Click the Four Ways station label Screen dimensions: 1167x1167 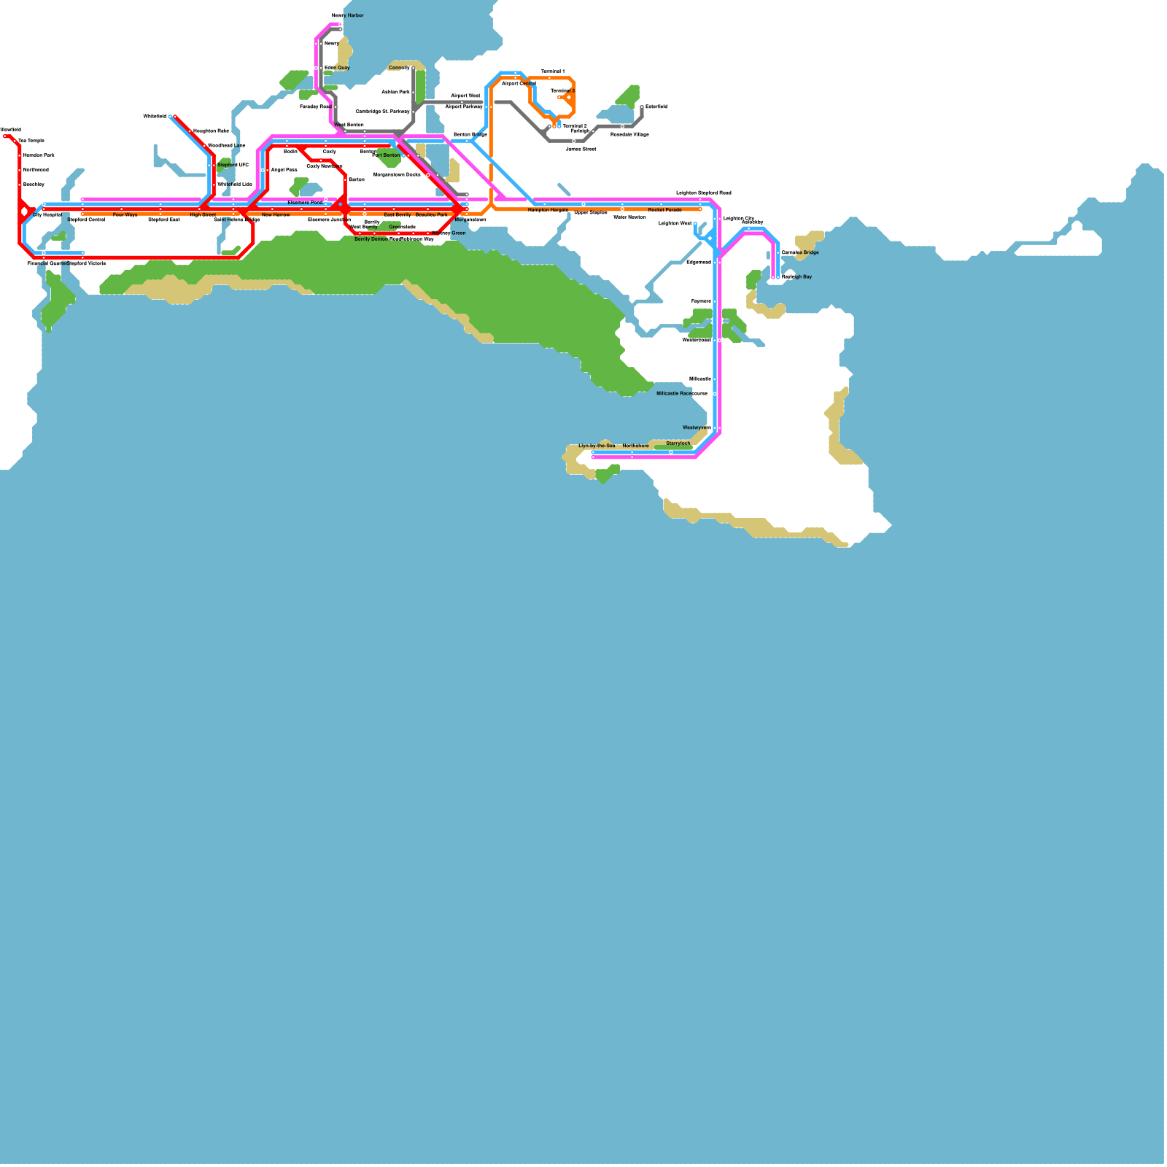point(125,215)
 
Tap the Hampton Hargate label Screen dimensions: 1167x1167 point(548,210)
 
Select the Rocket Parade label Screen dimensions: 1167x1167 point(664,210)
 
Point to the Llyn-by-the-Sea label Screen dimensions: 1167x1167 point(597,446)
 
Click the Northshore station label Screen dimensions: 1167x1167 point(635,446)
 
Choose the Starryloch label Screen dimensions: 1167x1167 point(678,443)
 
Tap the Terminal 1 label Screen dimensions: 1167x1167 point(552,71)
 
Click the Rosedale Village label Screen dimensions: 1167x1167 point(629,134)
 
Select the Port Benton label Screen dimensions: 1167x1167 point(386,155)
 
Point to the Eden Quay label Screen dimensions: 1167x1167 point(337,68)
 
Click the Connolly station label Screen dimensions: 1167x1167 point(399,68)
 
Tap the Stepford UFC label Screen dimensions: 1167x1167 point(233,165)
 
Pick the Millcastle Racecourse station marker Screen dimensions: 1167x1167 point(715,394)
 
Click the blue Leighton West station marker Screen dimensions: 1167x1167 point(695,224)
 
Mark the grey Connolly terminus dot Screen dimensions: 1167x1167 point(414,69)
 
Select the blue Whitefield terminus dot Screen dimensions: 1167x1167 point(171,117)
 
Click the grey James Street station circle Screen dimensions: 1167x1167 point(573,141)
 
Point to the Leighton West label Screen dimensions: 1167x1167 point(675,223)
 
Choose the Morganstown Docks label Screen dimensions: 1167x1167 point(397,175)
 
